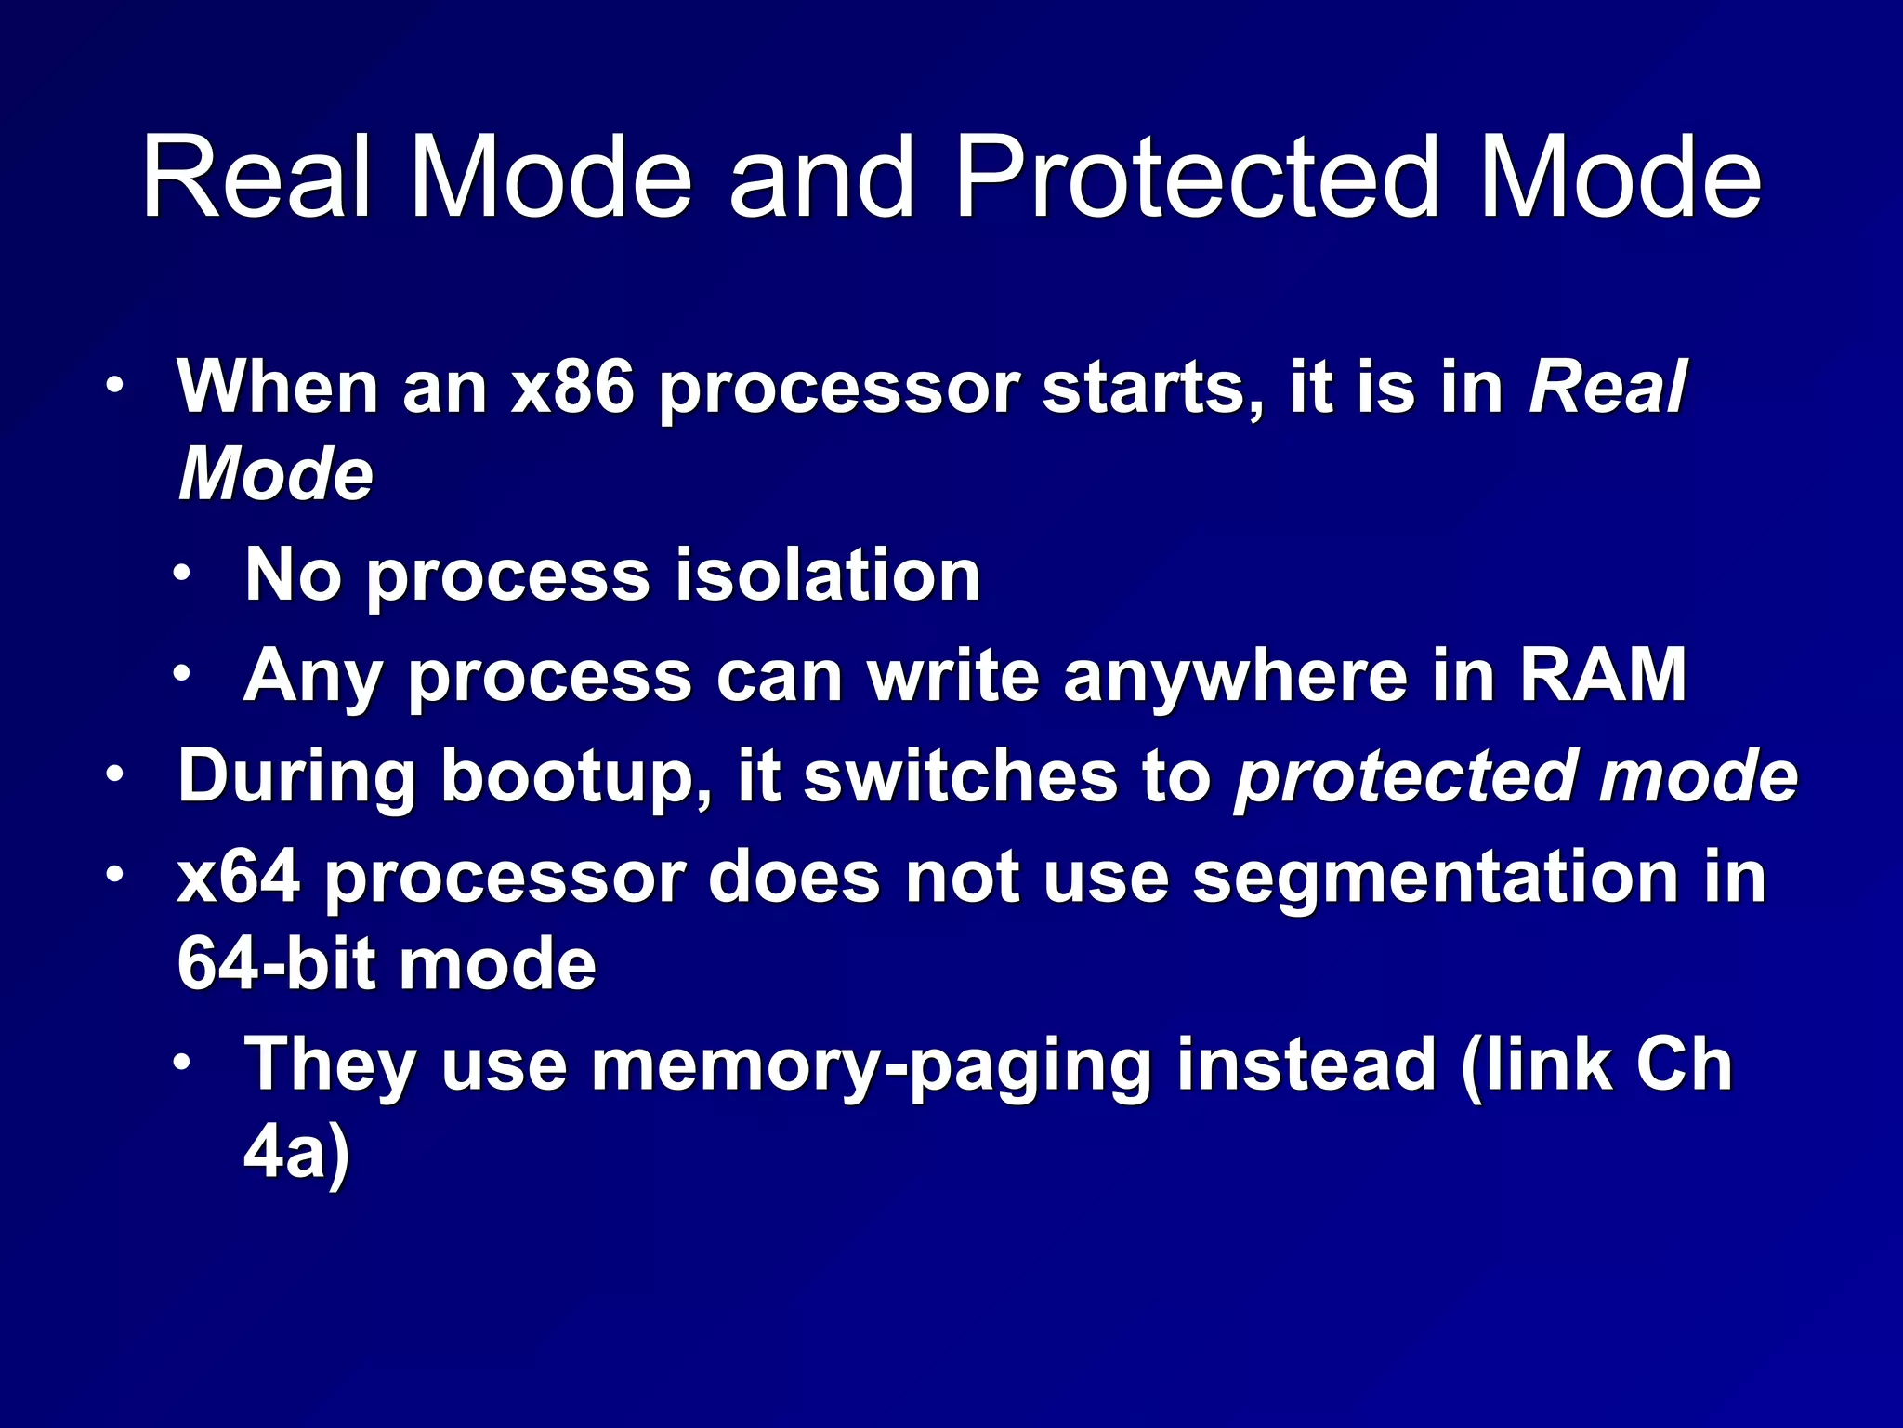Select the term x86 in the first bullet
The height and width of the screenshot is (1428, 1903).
coord(573,387)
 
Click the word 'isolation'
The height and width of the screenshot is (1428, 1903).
coord(827,575)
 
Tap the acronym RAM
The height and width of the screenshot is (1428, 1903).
coord(1602,676)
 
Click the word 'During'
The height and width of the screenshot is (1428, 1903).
coord(296,776)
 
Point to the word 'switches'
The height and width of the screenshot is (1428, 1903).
coord(961,776)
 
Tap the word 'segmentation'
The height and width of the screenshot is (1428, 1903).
coord(1435,879)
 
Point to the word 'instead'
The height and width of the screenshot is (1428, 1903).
coord(1307,1064)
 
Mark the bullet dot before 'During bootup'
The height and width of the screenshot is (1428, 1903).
coord(114,774)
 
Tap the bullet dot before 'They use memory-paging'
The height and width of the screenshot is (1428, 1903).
coord(182,1062)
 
